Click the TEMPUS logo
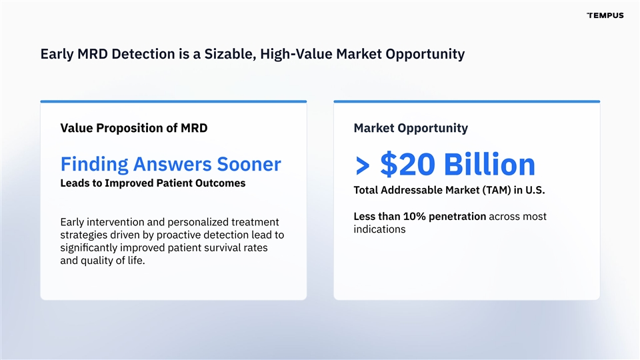605,15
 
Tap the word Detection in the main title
143,54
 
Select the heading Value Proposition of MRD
134,128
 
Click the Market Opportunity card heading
411,129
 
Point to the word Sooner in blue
249,164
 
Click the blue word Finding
94,165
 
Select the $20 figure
407,164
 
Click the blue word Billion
489,164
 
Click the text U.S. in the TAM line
535,190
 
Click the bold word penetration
457,217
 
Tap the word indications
379,229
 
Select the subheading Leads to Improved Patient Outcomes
153,183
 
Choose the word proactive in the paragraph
179,235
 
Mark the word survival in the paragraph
228,248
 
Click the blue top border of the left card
173,101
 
